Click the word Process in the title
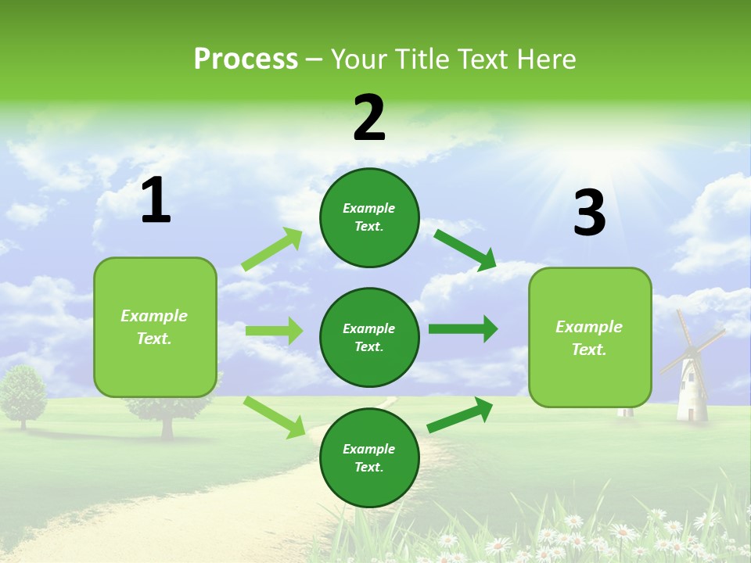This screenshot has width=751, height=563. pyautogui.click(x=246, y=59)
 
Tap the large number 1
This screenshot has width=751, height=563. pyautogui.click(x=156, y=201)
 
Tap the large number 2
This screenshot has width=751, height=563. pyautogui.click(x=369, y=118)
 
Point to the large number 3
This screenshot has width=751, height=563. pyautogui.click(x=589, y=213)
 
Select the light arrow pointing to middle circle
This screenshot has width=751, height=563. pyautogui.click(x=274, y=331)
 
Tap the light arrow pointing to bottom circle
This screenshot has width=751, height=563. pyautogui.click(x=274, y=417)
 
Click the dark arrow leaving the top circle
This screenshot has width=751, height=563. pyautogui.click(x=465, y=250)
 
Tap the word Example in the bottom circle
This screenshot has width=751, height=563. pyautogui.click(x=368, y=449)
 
